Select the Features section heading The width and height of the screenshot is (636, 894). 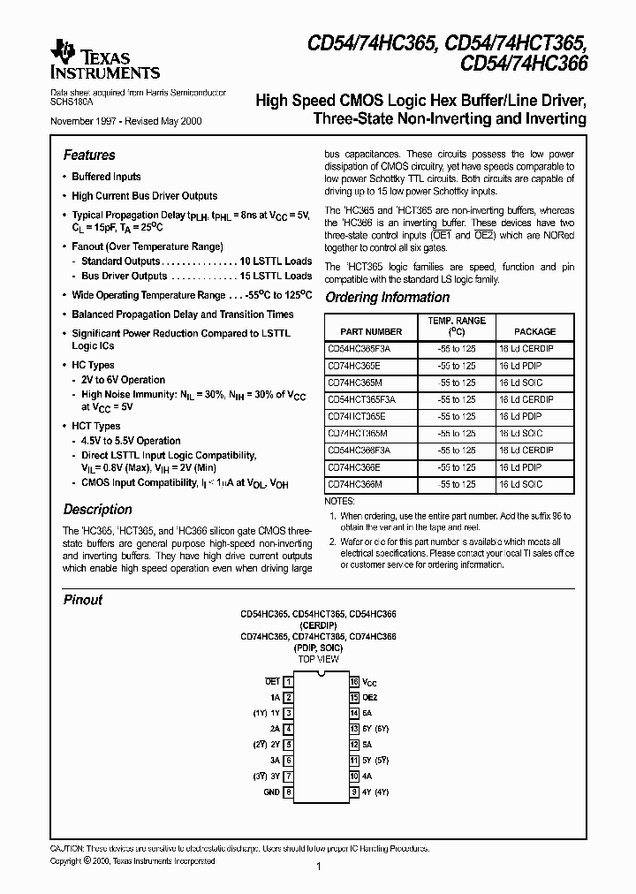[89, 155]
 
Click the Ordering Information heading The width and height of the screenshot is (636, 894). [387, 298]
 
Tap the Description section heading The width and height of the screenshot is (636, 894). [97, 510]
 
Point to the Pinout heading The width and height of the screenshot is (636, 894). [82, 600]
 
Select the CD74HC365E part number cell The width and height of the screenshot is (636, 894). [357, 365]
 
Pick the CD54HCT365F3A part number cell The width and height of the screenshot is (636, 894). [361, 399]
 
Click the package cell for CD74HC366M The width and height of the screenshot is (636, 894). [520, 484]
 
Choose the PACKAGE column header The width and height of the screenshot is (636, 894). [534, 331]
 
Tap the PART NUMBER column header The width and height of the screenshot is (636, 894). [371, 331]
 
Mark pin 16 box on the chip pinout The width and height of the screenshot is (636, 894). [353, 682]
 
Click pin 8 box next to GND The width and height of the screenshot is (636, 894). [288, 792]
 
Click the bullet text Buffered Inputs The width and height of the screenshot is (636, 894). [106, 177]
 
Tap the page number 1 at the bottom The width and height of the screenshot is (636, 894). [318, 867]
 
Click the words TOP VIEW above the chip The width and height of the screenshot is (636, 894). [318, 660]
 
